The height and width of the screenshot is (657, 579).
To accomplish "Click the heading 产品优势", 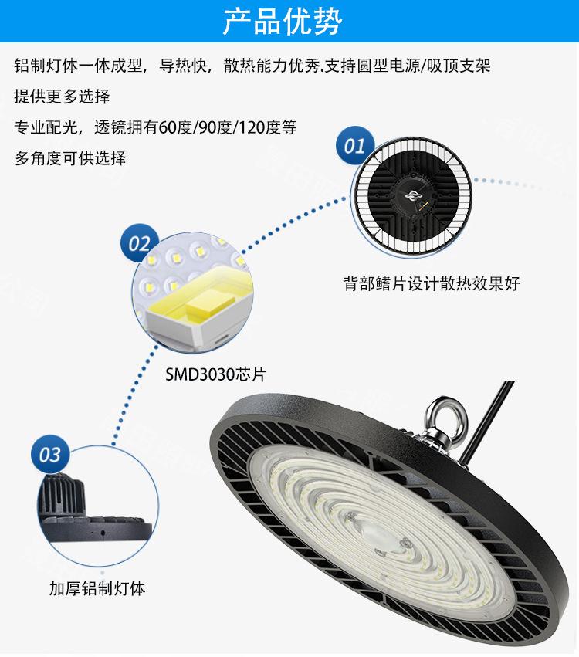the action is (x=283, y=22).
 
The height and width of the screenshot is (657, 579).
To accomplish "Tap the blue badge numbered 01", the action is (x=354, y=147).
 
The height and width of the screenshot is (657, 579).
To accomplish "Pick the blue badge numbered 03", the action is (x=49, y=455).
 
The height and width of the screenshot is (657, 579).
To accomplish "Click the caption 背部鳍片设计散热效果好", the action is (x=432, y=284).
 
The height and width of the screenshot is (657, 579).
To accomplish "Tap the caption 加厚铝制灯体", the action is (x=97, y=589).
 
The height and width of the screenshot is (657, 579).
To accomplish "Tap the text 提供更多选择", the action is (x=62, y=97).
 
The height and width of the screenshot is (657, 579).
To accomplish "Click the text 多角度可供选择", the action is (x=70, y=158).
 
